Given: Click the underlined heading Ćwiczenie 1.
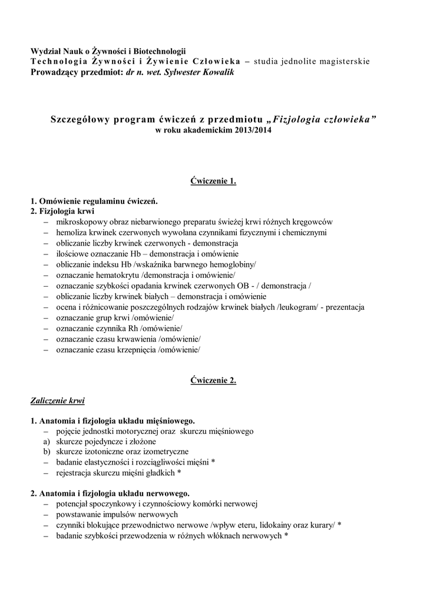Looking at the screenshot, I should tap(213, 181).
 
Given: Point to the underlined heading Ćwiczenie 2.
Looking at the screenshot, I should tap(213, 380).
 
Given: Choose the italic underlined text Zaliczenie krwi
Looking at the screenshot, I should tap(58, 401).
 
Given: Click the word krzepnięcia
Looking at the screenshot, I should tap(135, 349).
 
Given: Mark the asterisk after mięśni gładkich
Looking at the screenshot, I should tap(179, 473).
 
